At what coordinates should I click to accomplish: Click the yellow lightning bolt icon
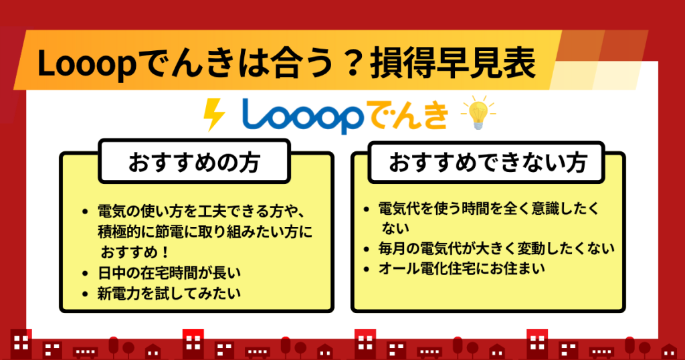pyautogui.click(x=214, y=114)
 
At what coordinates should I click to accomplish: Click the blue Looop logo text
pyautogui.click(x=302, y=116)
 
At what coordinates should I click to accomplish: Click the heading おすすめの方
pyautogui.click(x=195, y=162)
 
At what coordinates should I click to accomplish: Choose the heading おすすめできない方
pyautogui.click(x=487, y=163)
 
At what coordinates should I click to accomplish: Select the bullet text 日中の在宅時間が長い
pyautogui.click(x=169, y=273)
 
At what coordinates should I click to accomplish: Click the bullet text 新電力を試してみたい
pyautogui.click(x=169, y=293)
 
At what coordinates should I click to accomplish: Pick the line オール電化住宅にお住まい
pyautogui.click(x=462, y=268)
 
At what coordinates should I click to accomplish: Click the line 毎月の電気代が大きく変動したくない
pyautogui.click(x=496, y=248)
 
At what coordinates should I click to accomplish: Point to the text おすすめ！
pyautogui.click(x=135, y=252)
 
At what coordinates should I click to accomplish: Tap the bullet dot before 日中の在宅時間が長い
pyautogui.click(x=85, y=274)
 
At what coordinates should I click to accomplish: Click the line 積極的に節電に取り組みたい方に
pyautogui.click(x=205, y=232)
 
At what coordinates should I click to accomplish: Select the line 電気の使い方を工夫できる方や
pyautogui.click(x=201, y=211)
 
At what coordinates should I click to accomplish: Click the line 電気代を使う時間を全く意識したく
pyautogui.click(x=489, y=208)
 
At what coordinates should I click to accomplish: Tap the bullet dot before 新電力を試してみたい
pyautogui.click(x=85, y=294)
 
